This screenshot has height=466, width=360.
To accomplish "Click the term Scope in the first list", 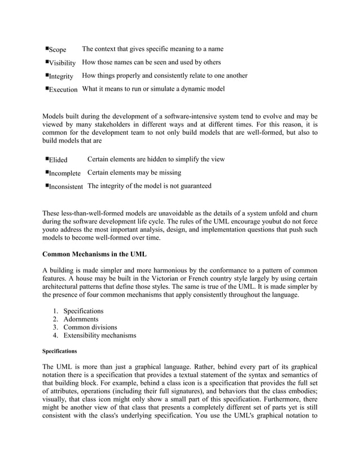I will (x=57, y=50).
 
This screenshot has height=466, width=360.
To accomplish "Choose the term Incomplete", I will (x=64, y=173).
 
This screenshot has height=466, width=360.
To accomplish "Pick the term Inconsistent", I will (x=66, y=186).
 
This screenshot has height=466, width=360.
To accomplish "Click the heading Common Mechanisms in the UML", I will (x=94, y=254).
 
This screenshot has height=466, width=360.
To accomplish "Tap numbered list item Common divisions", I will (x=90, y=327).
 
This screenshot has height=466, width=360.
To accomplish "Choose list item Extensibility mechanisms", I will (x=99, y=336).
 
